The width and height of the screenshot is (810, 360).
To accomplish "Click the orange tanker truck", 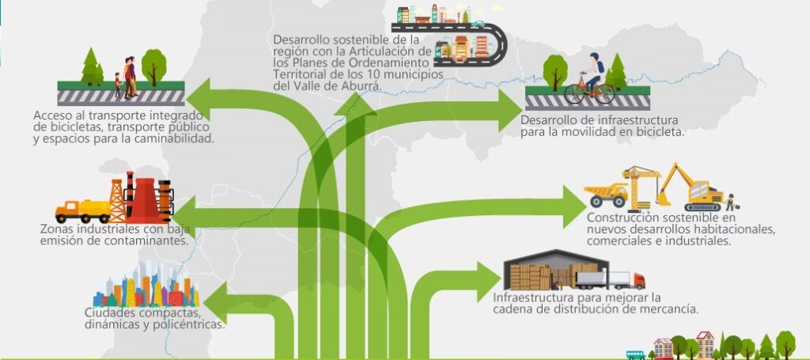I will [81, 210].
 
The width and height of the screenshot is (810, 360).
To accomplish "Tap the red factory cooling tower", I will [143, 201].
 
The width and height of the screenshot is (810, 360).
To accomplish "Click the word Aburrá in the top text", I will [360, 85].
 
